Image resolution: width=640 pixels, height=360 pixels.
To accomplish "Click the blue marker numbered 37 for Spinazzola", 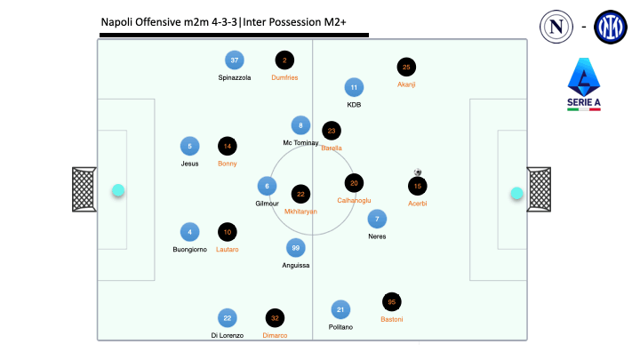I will pos(235,60).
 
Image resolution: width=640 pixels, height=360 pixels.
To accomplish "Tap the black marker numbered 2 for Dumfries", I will pos(284,60).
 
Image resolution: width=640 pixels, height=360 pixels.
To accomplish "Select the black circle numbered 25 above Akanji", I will pos(406,67).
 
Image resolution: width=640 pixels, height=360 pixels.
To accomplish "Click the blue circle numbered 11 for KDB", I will pos(354,87).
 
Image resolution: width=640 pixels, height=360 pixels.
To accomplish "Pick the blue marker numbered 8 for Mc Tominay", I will pos(301,125).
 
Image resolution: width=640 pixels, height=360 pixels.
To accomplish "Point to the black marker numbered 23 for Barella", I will pos(332,131).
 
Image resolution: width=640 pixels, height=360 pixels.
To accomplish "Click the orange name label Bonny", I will pos(227,164).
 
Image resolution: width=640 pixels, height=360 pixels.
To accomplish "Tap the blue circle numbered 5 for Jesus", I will pos(188,146).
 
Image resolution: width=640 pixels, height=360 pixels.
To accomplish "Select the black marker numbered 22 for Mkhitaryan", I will pos(300,194).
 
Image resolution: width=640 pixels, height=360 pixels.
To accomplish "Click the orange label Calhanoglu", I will pos(354,201).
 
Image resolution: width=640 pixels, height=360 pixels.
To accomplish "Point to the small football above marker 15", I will pos(417,172).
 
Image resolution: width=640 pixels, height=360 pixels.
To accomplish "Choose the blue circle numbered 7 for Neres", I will pos(377,219).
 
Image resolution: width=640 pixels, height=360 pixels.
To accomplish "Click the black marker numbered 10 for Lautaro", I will pos(227,232).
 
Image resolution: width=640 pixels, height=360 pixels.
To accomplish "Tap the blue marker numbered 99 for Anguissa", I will pos(296,247).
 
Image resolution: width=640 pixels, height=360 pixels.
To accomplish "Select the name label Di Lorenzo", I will pos(228,335).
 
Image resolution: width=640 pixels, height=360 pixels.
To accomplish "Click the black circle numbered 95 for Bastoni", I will pos(391,301).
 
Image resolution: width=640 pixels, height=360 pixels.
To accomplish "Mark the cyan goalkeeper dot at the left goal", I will pos(117,190).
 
